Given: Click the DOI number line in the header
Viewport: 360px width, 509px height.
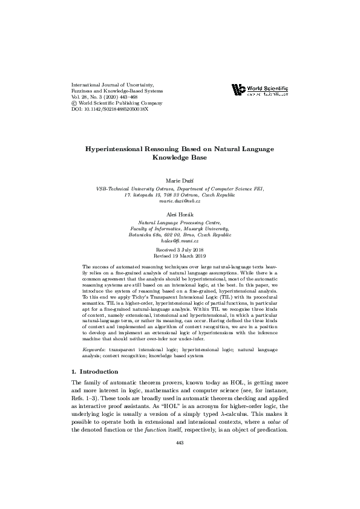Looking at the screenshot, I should (110, 111).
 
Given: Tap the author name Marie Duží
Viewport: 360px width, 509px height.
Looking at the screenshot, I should (180, 181).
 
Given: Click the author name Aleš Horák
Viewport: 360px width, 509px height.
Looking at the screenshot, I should (180, 215).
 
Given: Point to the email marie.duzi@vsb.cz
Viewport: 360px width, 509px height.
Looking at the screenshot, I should (180, 201).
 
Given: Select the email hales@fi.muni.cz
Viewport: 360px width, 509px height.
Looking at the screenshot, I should (180, 241).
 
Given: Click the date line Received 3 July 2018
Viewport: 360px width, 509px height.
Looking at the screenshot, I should (180, 249).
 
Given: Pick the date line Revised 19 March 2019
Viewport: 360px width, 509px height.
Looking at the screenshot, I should (180, 256).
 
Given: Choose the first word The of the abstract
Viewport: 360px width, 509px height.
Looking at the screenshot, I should (87, 266).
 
